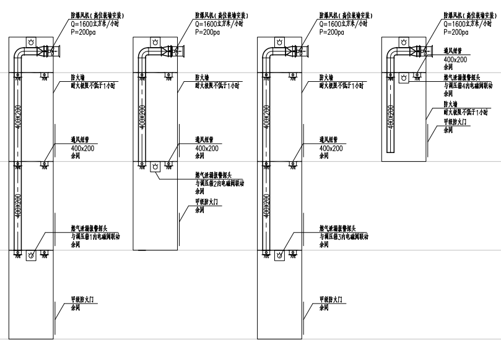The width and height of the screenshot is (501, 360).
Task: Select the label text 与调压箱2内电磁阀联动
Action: click(219, 183)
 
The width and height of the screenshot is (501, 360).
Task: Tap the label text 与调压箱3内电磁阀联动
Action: click(344, 236)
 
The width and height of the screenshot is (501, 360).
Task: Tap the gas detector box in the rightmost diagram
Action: click(403, 77)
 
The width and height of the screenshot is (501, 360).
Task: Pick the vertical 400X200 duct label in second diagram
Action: click(143, 116)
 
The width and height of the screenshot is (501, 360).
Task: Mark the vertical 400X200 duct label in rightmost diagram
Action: click(391, 116)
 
